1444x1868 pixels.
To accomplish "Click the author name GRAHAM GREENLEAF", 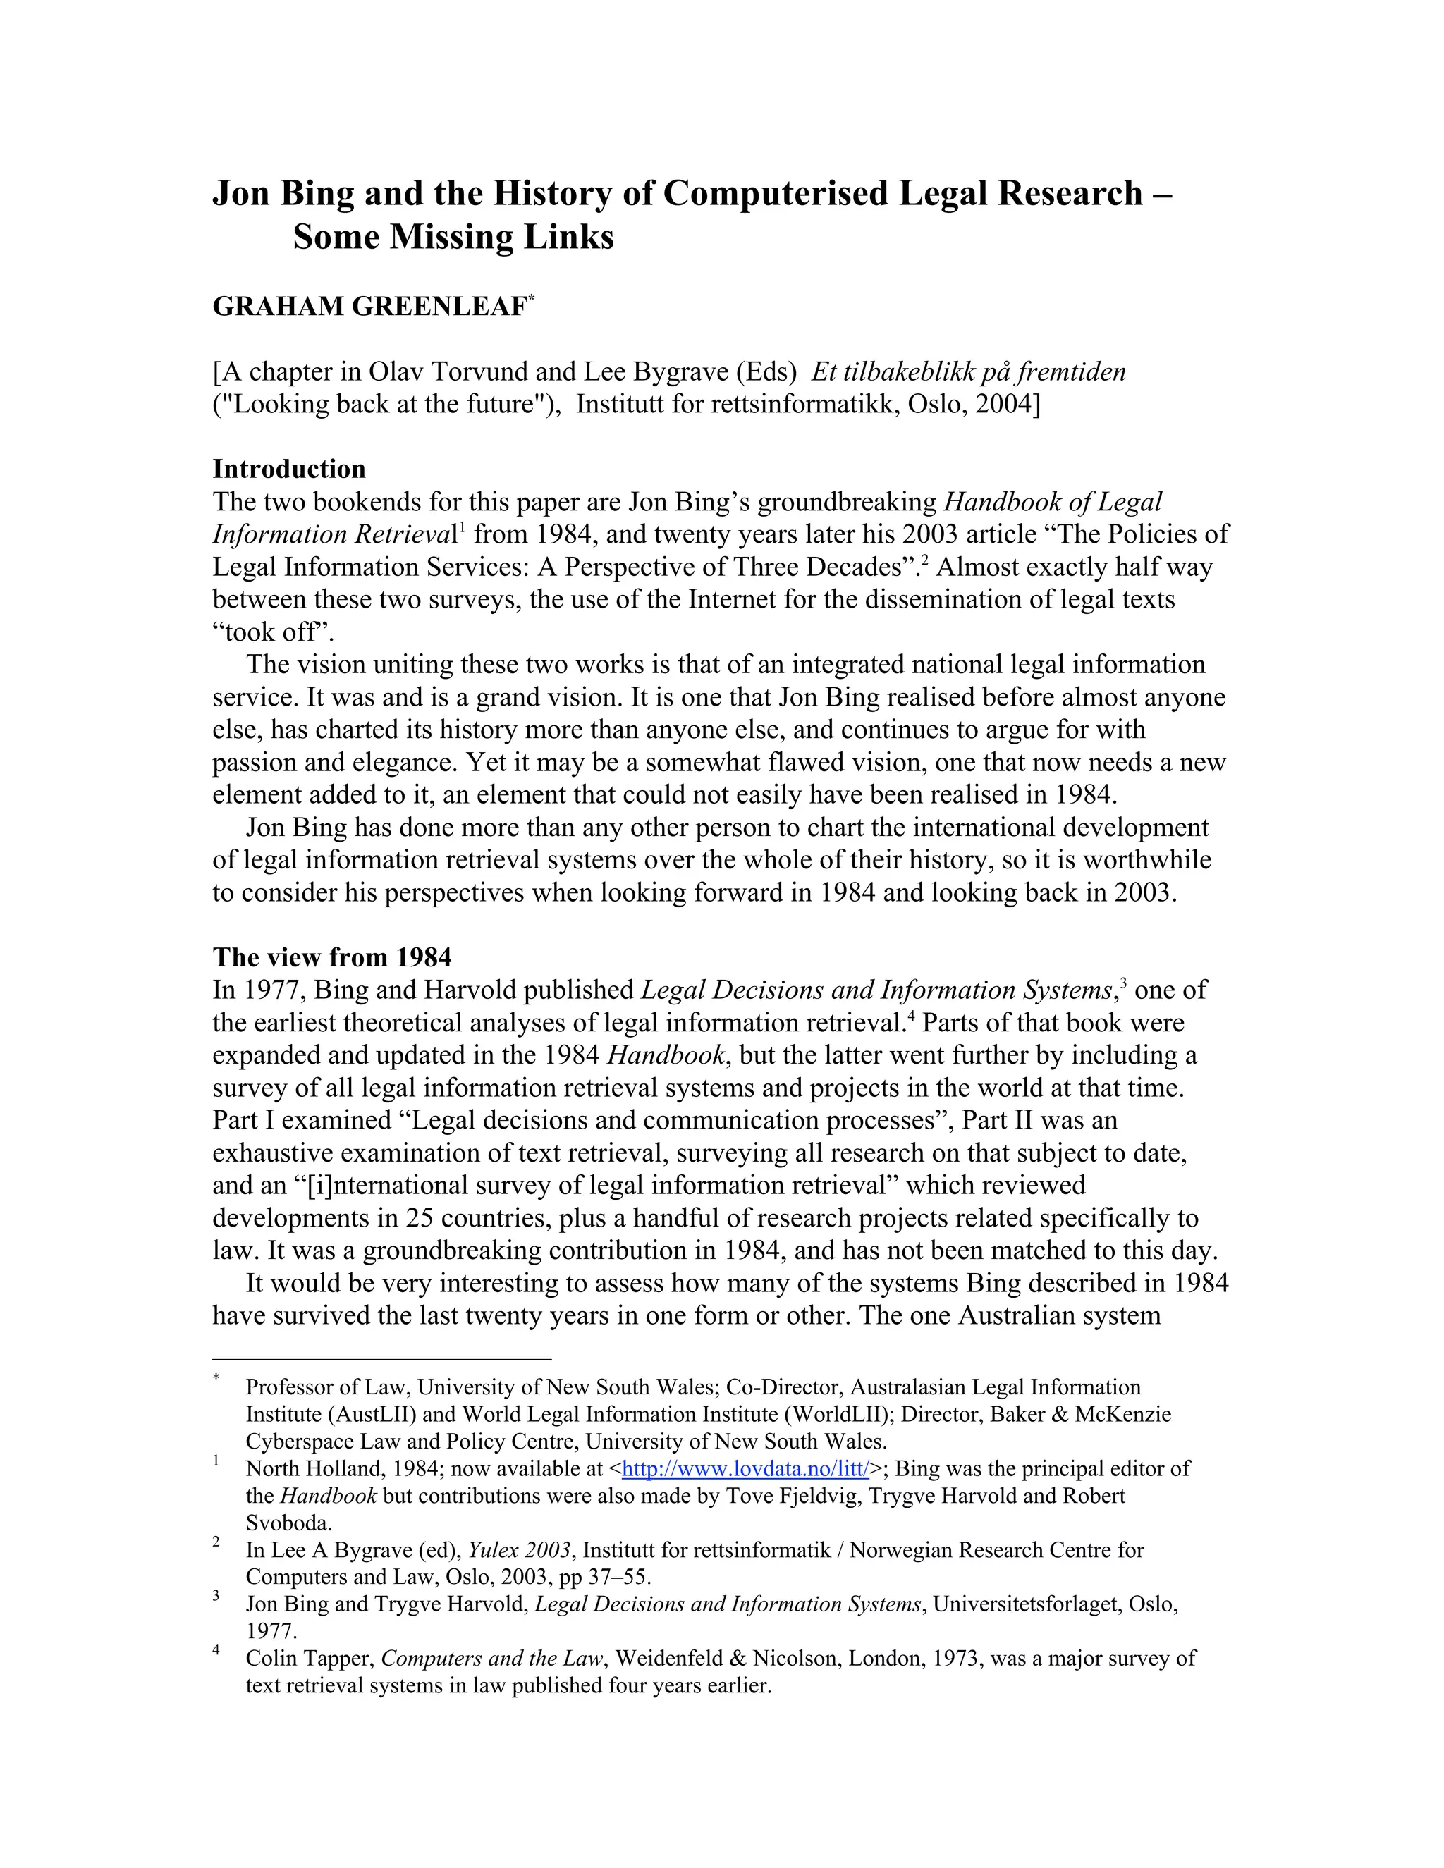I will point(369,306).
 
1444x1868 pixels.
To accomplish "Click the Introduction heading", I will point(288,469).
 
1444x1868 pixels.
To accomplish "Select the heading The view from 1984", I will point(332,957).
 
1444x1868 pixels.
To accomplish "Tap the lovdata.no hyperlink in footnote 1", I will point(745,1470).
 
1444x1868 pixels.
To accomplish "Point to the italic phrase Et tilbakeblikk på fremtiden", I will point(968,371).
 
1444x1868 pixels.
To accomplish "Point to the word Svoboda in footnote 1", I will point(288,1523).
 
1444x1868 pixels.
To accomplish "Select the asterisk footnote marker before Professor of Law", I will point(216,1378).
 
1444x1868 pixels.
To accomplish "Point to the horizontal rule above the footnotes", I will point(381,1359).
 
